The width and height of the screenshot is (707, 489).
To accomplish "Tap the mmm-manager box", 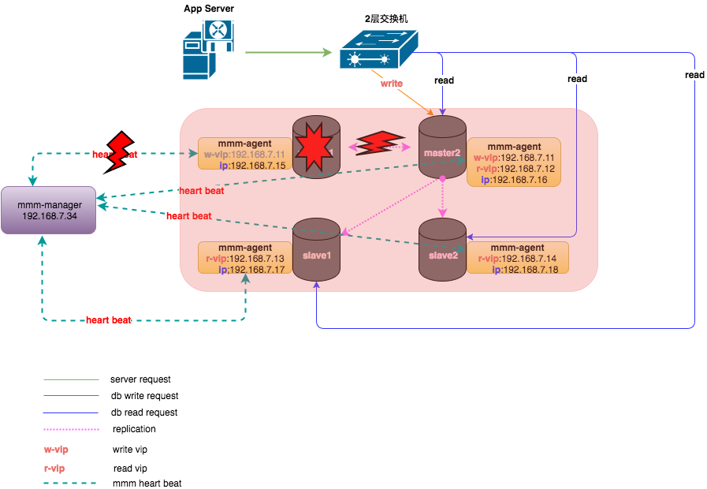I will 49,210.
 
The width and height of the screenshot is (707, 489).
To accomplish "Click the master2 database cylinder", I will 442,147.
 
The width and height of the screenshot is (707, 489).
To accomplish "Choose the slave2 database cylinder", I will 442,248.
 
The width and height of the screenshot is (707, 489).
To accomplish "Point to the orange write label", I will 392,83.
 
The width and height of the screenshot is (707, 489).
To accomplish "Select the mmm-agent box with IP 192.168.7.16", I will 514,162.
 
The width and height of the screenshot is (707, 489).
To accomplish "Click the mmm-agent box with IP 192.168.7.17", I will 245,258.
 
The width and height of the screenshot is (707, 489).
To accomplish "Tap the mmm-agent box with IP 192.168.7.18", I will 517,258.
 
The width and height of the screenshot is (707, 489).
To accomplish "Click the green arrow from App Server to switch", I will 288,53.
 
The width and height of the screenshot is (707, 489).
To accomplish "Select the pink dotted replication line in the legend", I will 71,429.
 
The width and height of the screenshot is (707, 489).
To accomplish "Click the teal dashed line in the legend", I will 71,483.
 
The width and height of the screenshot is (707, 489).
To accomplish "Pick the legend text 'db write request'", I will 144,396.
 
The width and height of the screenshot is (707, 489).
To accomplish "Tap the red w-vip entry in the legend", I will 56,450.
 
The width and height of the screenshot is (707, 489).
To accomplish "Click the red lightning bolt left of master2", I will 381,144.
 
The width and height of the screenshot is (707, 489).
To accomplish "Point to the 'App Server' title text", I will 208,9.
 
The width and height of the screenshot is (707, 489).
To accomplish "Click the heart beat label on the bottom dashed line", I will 108,320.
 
